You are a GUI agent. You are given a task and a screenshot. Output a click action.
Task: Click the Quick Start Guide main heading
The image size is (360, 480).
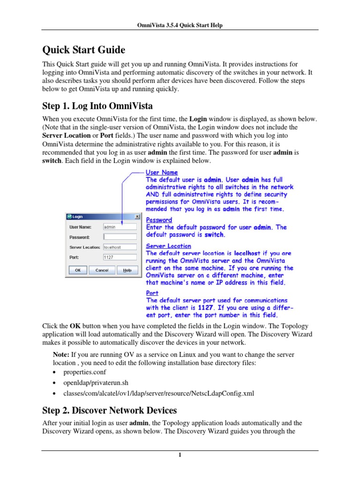coord(84,49)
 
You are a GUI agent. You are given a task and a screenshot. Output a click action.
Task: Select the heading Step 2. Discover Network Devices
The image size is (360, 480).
coord(109,410)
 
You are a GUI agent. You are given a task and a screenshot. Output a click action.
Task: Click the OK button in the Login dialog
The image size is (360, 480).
coord(78,270)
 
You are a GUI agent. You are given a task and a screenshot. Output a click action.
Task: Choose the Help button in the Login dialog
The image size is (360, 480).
coord(127,270)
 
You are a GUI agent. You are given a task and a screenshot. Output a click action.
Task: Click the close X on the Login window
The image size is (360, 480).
coord(137,217)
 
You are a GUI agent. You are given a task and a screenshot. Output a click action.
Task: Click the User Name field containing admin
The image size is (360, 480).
coord(120,227)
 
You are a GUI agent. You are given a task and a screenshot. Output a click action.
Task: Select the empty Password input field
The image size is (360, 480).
coord(120,237)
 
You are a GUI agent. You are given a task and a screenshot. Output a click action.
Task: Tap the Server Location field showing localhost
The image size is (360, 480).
coord(120,247)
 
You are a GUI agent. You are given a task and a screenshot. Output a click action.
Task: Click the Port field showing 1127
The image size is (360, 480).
coord(120,257)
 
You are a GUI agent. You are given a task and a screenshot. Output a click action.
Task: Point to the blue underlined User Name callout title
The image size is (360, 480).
coord(162,172)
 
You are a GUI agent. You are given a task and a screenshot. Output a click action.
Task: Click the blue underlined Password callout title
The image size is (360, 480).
coord(159,220)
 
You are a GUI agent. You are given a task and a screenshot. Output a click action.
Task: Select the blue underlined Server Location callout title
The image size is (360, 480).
coord(168,246)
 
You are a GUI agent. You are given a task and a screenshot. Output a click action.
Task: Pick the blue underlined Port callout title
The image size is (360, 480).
coord(152,293)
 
